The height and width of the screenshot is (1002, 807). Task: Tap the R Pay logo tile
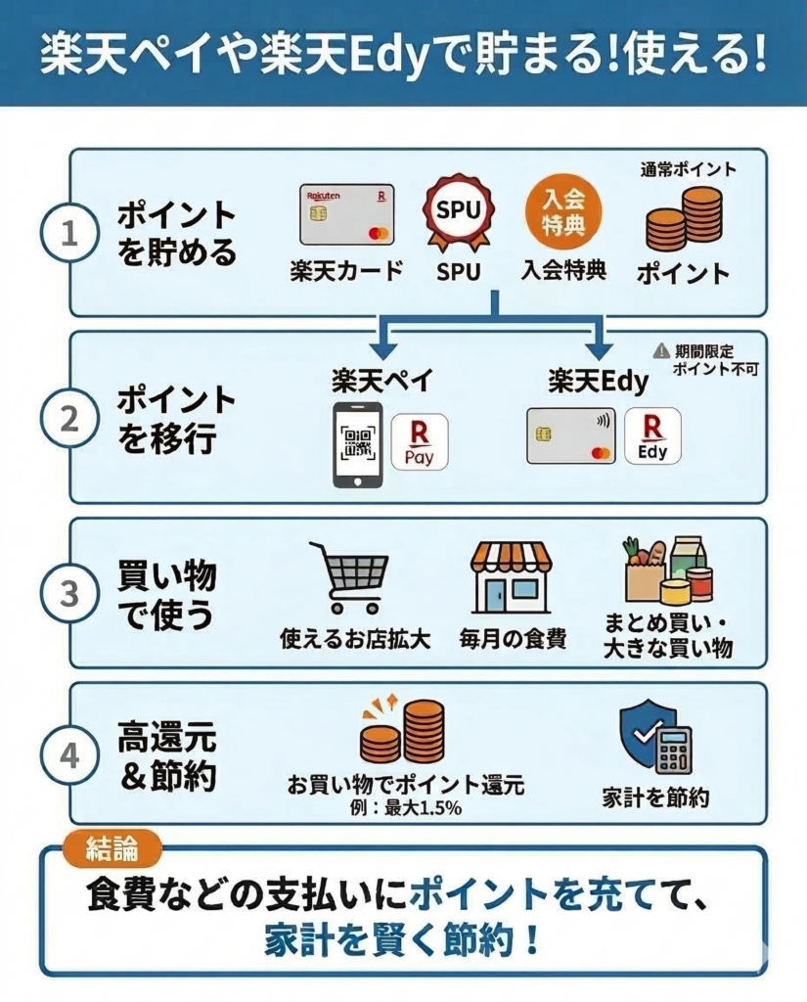click(x=420, y=442)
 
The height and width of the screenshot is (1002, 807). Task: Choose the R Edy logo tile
click(x=651, y=436)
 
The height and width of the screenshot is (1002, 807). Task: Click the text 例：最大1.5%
click(x=405, y=808)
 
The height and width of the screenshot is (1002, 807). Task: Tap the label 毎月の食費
click(x=513, y=640)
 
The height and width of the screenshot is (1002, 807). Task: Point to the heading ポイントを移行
click(x=177, y=419)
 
